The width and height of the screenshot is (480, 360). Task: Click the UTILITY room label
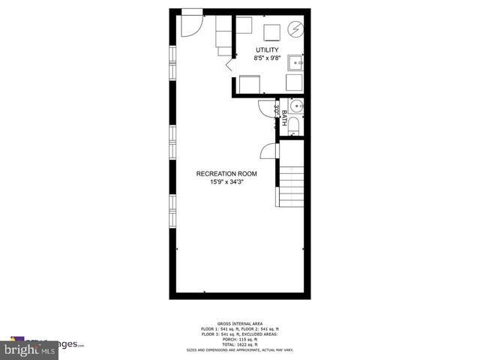click(267, 50)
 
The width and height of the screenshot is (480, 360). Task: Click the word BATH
click(285, 118)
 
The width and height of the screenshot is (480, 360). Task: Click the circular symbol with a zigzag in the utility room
click(295, 31)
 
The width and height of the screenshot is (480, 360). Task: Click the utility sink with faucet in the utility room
click(296, 61)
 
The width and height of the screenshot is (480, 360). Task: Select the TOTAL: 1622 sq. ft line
click(240, 343)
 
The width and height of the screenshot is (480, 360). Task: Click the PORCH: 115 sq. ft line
click(240, 337)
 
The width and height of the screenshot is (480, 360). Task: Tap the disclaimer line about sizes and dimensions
click(240, 349)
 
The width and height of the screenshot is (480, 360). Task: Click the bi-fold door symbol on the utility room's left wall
click(230, 66)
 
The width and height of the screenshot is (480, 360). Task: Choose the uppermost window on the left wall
click(174, 58)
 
